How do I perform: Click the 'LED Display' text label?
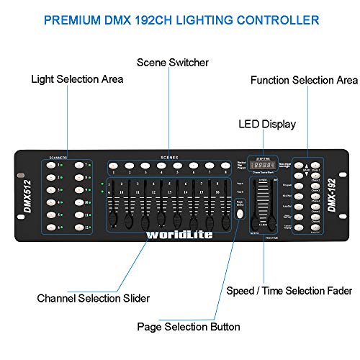tap(266, 125)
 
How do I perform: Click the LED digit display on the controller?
tap(258, 165)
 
